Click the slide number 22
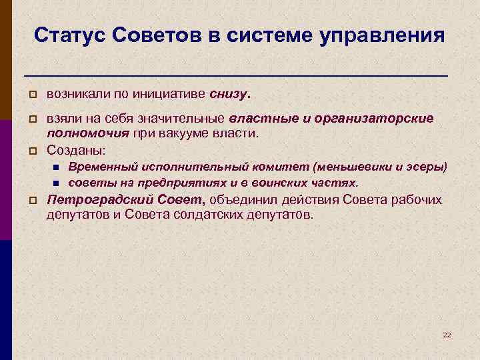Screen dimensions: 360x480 coord(447,334)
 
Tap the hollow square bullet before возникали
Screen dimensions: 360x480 coord(31,94)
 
